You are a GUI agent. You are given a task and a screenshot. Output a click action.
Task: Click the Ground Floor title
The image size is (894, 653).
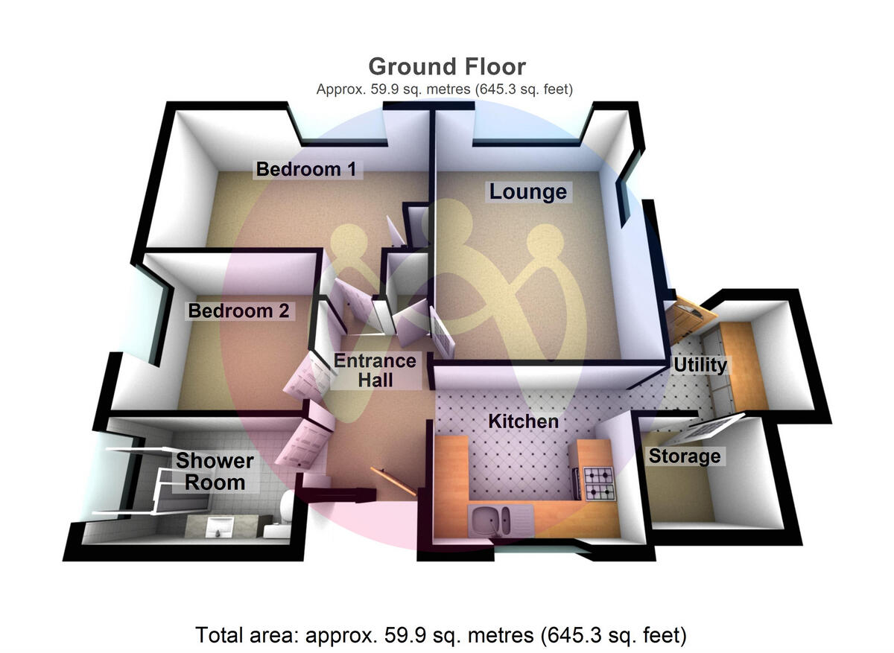[x=446, y=66]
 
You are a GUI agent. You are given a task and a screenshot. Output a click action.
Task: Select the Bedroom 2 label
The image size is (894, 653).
[x=238, y=310]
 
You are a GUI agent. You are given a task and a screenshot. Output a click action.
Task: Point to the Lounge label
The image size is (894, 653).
[x=527, y=192]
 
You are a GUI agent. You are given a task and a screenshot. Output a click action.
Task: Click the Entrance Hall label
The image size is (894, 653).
[x=374, y=370]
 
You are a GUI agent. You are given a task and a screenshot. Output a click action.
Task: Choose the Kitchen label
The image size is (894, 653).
[x=522, y=421]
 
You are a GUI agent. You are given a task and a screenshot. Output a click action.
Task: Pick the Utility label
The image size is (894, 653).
[x=699, y=365]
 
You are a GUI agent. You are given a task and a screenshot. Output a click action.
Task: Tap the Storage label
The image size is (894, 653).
[x=684, y=456]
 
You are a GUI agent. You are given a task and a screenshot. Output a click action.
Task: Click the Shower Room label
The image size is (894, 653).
[x=215, y=471]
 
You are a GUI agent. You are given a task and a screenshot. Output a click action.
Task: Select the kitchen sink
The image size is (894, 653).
[x=489, y=516]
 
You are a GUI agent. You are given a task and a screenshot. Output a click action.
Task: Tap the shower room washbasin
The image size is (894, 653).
[x=218, y=526]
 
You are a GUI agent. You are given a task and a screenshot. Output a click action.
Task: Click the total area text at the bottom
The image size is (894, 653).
[x=440, y=635]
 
